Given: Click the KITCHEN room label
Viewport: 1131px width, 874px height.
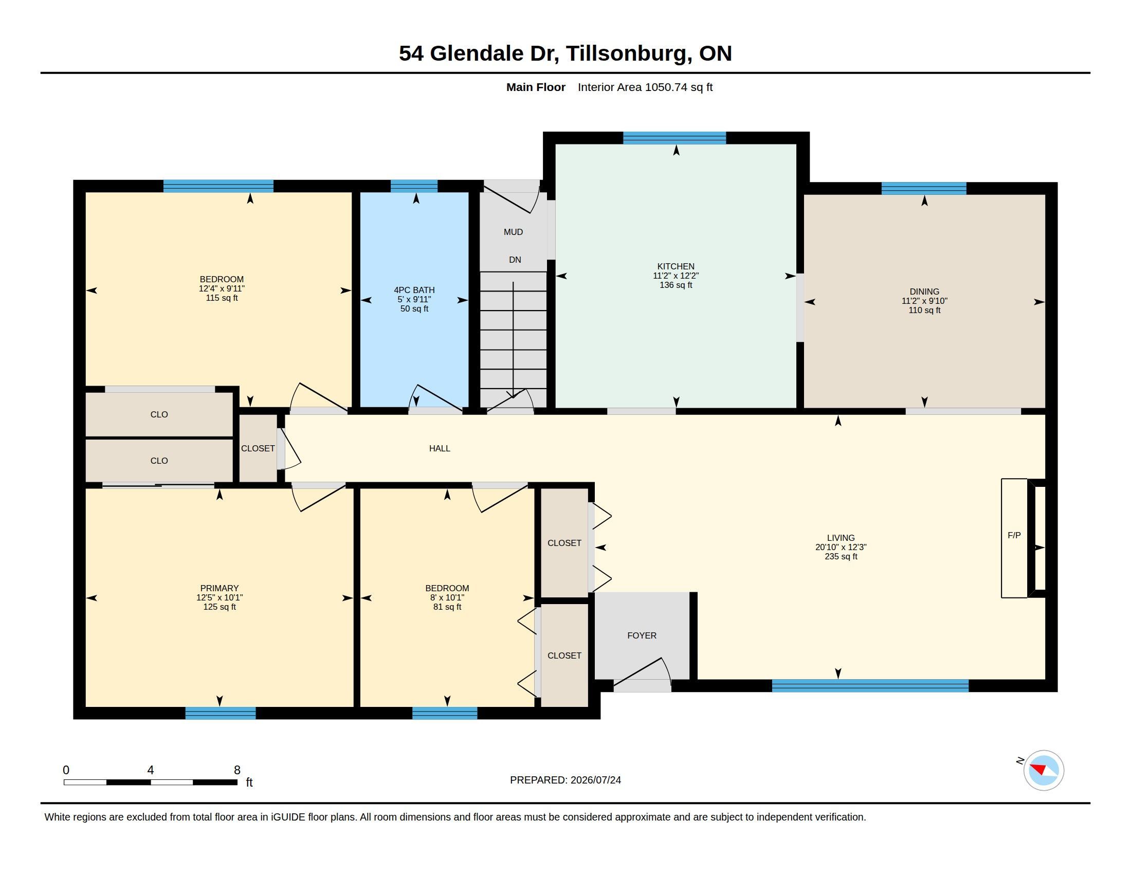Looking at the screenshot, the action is pos(676,267).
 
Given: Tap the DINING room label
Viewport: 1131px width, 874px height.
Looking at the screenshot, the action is pos(924,292).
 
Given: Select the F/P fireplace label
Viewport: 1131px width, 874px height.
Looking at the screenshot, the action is pos(1014,535).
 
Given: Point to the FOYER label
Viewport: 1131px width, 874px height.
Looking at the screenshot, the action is pos(642,635).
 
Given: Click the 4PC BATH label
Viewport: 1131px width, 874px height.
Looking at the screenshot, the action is pos(414,290).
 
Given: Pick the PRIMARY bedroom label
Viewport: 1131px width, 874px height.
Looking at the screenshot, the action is pos(220,588).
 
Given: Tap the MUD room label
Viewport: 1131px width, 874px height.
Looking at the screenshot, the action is pos(513,232).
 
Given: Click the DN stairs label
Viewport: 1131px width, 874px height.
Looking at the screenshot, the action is pos(515,260).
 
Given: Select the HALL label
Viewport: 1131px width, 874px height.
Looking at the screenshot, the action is pos(440,448).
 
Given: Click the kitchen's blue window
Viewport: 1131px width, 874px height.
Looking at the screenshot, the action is pos(674,138).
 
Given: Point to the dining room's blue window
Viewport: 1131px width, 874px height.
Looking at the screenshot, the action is pos(924,189).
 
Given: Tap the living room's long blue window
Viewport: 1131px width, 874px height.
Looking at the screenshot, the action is pos(870,685).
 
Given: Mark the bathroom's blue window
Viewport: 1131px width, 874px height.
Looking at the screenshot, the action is pos(414,186).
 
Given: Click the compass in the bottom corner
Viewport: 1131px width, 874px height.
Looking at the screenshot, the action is pos(1044,770).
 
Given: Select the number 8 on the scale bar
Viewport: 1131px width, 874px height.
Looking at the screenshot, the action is pos(237,770).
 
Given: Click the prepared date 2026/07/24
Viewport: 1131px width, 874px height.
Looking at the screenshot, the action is pos(595,780).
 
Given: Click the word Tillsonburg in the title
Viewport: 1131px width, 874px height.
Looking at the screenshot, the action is pos(629,54).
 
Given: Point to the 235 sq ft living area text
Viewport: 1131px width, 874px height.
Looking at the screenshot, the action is pos(841,557).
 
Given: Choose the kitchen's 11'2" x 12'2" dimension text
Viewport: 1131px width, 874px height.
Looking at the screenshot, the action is pos(676,276).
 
